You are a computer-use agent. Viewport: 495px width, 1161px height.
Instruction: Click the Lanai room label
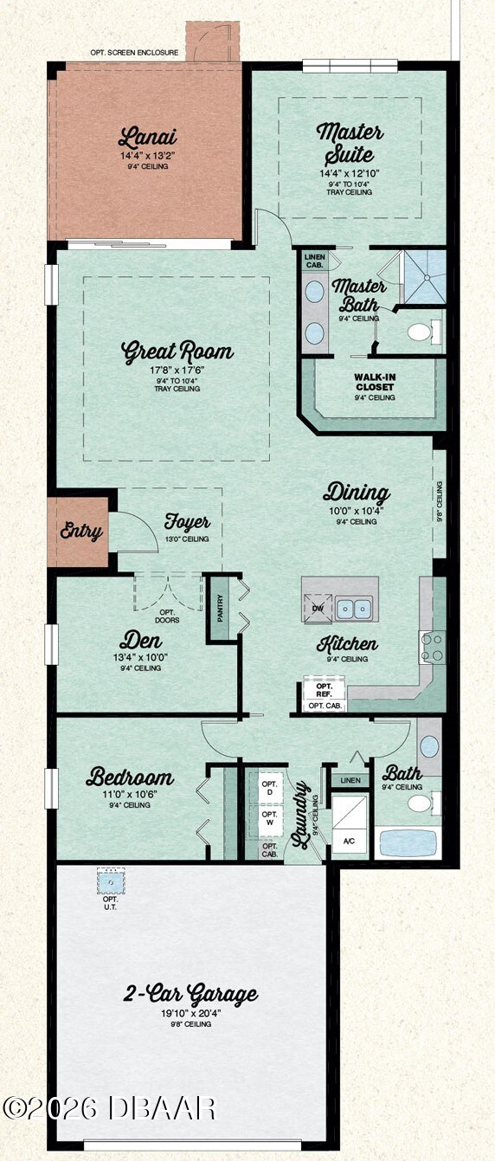point(147,137)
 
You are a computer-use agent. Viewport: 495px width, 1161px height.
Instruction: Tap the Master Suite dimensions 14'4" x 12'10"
point(350,173)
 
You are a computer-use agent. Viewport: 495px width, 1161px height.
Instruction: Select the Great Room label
point(177,352)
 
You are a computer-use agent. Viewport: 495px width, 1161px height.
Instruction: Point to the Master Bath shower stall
point(424,277)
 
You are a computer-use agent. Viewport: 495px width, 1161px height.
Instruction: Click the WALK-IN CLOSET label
point(375,382)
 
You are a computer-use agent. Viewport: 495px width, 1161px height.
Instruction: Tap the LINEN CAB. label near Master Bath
point(313,261)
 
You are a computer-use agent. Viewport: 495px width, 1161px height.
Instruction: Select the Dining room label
point(356,492)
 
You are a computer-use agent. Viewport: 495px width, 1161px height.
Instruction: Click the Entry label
point(80,532)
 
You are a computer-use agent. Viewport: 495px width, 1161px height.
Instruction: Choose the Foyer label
point(187,522)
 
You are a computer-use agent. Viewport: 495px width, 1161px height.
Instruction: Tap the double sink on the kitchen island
point(353,609)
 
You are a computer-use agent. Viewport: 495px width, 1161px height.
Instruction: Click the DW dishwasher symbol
point(316,608)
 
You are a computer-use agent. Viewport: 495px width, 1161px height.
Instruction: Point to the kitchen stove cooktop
point(432,646)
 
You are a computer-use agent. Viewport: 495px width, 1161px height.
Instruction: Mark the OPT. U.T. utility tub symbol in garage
point(111,882)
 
